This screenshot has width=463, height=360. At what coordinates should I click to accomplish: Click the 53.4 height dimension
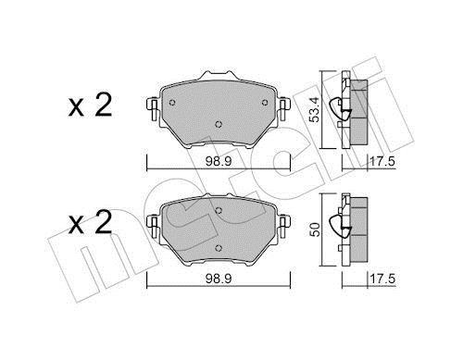click(315, 109)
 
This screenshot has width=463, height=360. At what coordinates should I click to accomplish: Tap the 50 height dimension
click(315, 230)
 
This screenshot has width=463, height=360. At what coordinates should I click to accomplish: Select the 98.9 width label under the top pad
click(219, 161)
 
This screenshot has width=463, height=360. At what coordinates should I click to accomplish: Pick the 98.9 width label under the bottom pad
click(219, 279)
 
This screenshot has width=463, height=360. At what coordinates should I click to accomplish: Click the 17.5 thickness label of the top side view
click(382, 161)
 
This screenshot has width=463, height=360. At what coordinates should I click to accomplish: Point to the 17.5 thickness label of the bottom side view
click(382, 279)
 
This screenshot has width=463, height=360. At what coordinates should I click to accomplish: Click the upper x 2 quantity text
click(90, 106)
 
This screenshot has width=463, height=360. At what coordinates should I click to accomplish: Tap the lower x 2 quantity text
click(90, 222)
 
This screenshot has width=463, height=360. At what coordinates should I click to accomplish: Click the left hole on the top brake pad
click(172, 103)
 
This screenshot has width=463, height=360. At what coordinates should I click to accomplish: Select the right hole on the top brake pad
click(265, 103)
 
